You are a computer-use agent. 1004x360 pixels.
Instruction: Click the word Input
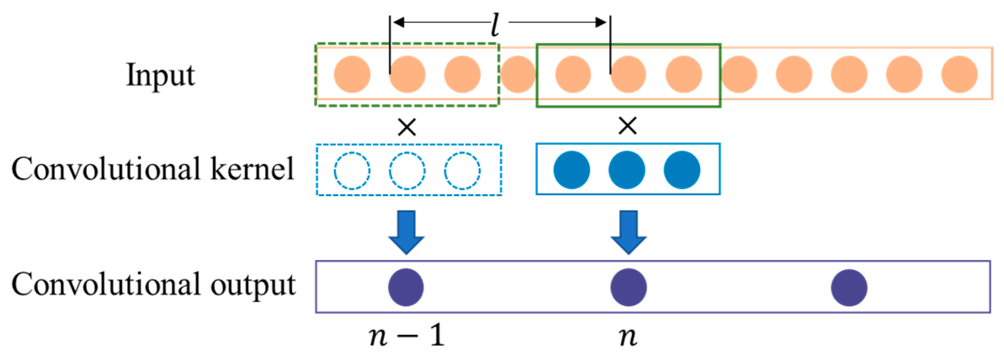(x=160, y=75)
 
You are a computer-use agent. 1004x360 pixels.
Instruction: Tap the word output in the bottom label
(x=253, y=285)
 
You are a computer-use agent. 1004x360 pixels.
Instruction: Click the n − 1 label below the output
(x=406, y=336)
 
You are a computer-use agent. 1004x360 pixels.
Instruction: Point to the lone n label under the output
(x=628, y=336)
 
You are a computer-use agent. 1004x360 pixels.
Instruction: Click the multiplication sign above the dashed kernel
(x=407, y=127)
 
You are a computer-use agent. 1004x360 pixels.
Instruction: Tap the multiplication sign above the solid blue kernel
(x=628, y=125)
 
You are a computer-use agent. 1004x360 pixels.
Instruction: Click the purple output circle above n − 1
(x=406, y=287)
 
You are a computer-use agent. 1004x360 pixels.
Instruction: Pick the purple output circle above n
(x=629, y=287)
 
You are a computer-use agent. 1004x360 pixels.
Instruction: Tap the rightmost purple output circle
(x=849, y=288)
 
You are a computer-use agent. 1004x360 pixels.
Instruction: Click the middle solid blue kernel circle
(x=627, y=170)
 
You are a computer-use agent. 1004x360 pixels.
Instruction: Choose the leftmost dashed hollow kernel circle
(x=352, y=171)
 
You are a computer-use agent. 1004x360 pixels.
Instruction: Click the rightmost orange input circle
(x=959, y=74)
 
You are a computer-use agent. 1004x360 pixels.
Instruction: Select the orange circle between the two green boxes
(x=518, y=74)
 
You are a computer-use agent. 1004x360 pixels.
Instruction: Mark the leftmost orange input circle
(x=352, y=74)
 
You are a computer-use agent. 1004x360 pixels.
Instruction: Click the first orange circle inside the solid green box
(x=573, y=74)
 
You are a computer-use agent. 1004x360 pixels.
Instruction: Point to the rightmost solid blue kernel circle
(x=682, y=170)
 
